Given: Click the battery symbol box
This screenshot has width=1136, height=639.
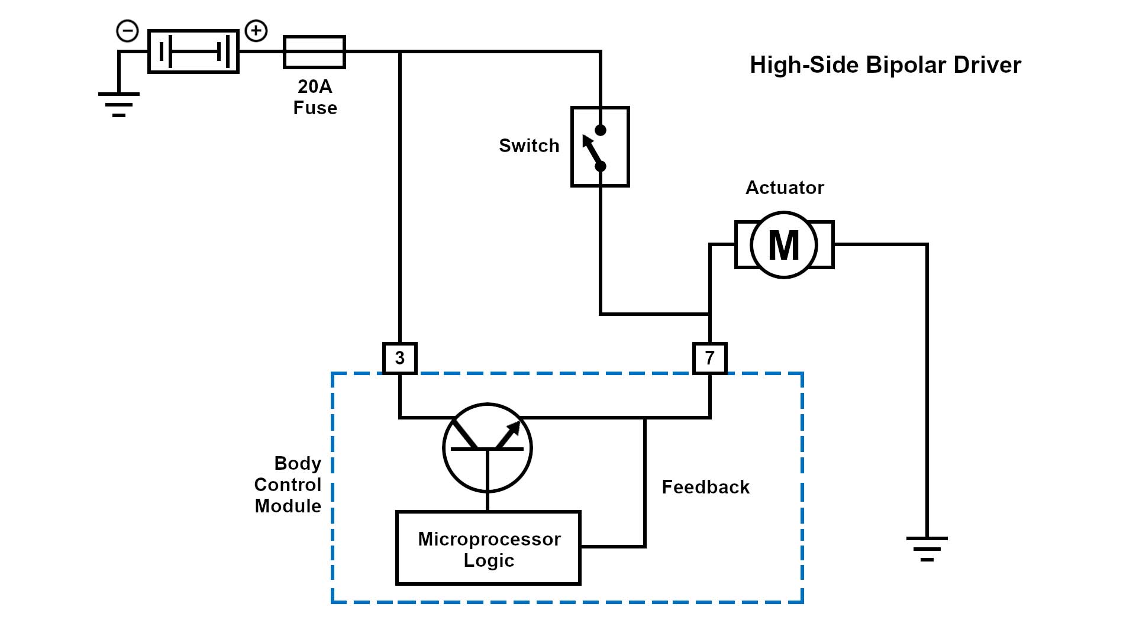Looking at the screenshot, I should tap(193, 51).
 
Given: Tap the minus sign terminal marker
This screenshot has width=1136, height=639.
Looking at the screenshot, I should tap(127, 31).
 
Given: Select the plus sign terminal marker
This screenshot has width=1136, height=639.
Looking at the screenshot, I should tap(256, 30).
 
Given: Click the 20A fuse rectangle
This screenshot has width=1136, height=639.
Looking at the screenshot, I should tap(314, 51).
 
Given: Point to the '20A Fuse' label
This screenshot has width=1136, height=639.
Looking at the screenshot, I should tap(315, 97).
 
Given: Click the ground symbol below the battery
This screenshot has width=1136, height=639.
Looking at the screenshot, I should tap(119, 104).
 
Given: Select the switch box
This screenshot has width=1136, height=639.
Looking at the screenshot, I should tap(600, 147).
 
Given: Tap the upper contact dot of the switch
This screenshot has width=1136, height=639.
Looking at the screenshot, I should tap(601, 130).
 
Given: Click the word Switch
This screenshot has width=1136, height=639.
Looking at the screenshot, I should tap(529, 146).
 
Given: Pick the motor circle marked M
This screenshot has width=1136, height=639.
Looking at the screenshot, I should tap(784, 244).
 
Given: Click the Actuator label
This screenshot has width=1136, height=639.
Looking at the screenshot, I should tap(785, 188).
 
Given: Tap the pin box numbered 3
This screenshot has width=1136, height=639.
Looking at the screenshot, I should tap(400, 358).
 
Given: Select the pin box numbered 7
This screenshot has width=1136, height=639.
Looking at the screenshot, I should tap(709, 358).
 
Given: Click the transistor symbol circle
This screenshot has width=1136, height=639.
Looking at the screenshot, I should tap(488, 448).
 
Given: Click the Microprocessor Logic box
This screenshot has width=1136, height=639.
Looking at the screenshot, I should tap(488, 548).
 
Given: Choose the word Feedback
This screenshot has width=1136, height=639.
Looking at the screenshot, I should tap(705, 487).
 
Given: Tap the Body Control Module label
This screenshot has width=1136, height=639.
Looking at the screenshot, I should tap(288, 485).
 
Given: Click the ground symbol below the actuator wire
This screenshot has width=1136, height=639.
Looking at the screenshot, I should tap(927, 548).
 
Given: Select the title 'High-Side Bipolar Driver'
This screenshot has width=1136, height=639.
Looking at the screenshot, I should tap(885, 65).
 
